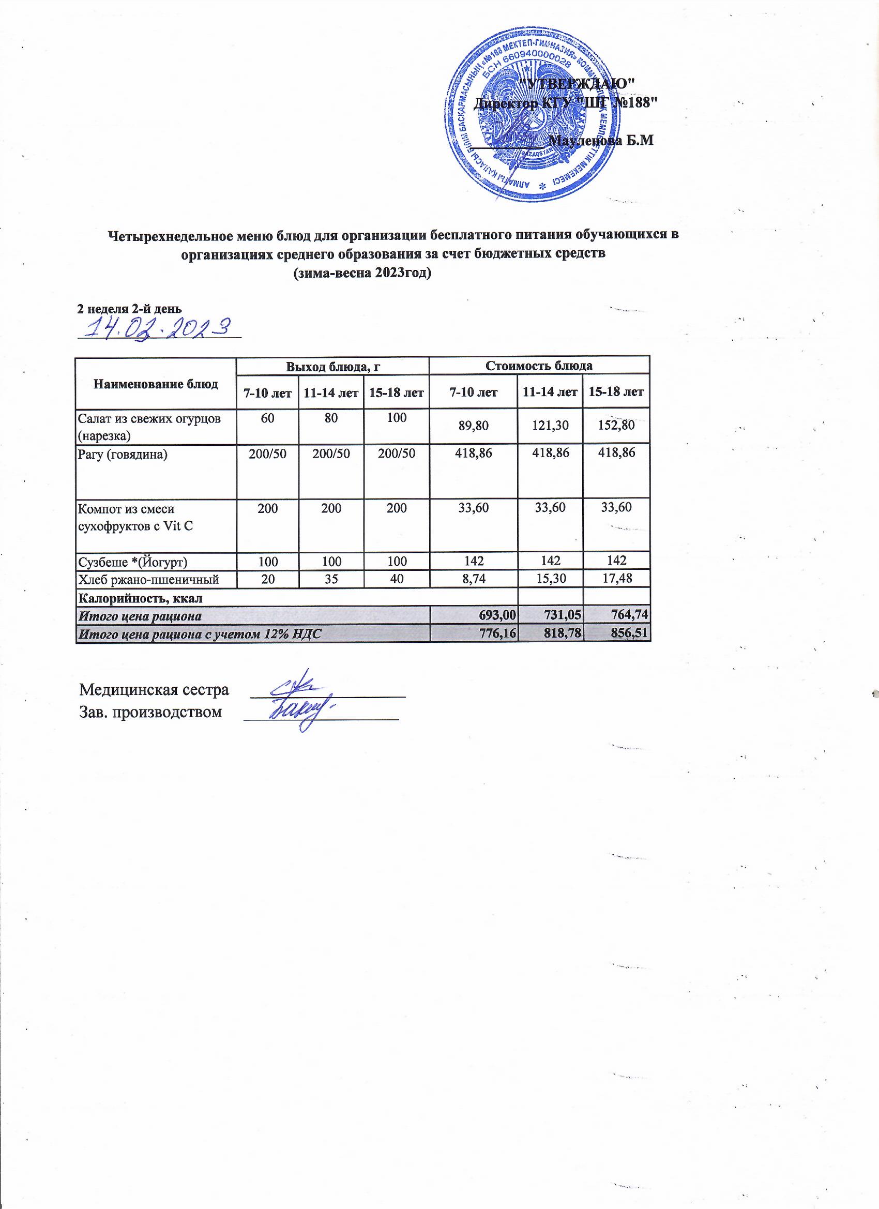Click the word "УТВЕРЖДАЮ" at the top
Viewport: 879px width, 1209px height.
click(x=577, y=83)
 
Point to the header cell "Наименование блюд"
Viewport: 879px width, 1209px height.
click(x=156, y=384)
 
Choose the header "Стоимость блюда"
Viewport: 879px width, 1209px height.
click(x=539, y=366)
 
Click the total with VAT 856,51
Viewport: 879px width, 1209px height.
click(x=631, y=633)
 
